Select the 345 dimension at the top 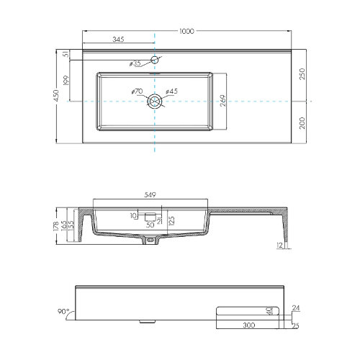[120, 40]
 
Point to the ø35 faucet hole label [135, 63]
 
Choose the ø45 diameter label [171, 92]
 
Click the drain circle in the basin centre [155, 103]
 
